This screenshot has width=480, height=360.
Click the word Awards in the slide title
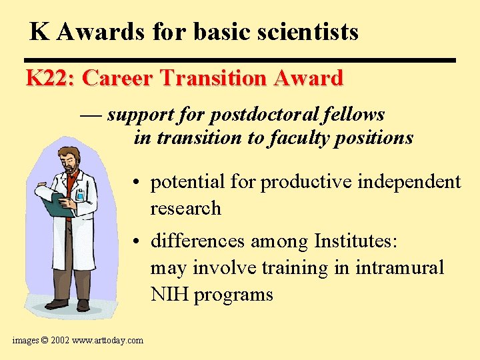[x=91, y=31]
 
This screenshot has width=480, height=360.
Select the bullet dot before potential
[x=135, y=183]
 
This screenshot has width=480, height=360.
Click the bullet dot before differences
[x=135, y=240]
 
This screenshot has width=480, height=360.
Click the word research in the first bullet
[x=185, y=208]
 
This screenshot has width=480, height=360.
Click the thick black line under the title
[x=240, y=60]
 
